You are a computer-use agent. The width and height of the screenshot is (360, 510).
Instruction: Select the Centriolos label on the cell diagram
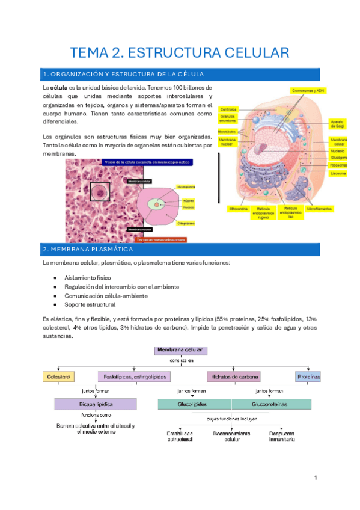(x=228, y=109)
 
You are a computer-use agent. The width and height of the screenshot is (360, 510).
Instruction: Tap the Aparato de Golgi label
(x=337, y=123)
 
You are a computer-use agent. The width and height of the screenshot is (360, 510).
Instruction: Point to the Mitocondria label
(x=237, y=209)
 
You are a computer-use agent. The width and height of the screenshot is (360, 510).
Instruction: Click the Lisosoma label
(x=338, y=173)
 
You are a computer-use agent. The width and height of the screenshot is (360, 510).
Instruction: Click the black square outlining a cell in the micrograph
(x=100, y=192)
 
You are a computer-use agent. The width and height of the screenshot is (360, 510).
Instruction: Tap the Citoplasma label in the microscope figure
(x=186, y=222)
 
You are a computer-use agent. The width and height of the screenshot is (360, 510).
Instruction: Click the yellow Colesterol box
(x=58, y=376)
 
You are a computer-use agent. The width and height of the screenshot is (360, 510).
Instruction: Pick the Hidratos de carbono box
(x=234, y=376)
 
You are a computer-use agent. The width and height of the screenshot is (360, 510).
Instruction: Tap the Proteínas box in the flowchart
(x=308, y=376)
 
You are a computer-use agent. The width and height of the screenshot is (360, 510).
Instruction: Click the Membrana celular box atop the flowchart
(x=180, y=350)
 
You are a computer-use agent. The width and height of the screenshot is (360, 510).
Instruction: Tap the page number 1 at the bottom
(x=315, y=478)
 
